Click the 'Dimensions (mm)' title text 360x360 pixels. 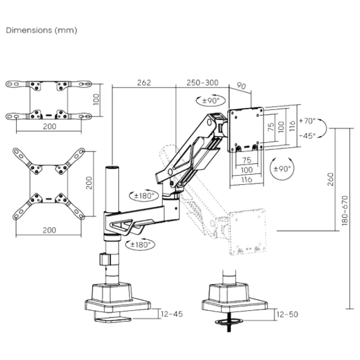(41, 30)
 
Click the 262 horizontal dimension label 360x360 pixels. (143, 82)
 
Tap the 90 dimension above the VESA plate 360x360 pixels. (241, 86)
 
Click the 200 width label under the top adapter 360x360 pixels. (50, 126)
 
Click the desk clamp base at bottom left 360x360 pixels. (116, 303)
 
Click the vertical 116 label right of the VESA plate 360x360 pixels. (293, 127)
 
